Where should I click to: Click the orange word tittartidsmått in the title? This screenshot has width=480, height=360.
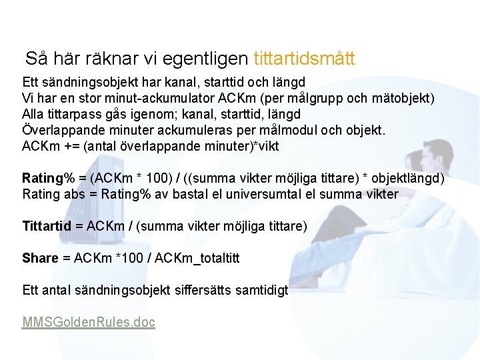(304, 59)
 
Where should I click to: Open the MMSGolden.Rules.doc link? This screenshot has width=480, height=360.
(89, 323)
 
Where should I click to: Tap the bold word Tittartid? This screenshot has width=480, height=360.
(47, 227)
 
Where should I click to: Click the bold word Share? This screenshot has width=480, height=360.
(40, 258)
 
